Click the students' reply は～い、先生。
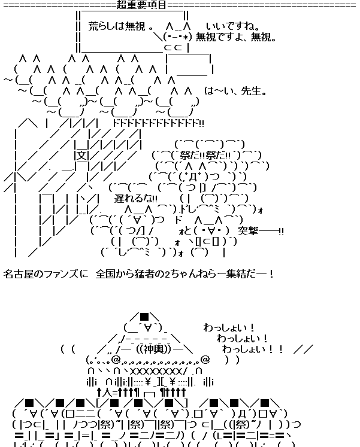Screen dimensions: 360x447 [235, 92]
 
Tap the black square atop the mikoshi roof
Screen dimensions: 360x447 [144, 317]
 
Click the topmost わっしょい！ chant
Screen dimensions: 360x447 [229, 328]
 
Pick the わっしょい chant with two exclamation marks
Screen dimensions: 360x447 [251, 349]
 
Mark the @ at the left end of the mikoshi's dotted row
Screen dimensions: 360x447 [116, 360]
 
